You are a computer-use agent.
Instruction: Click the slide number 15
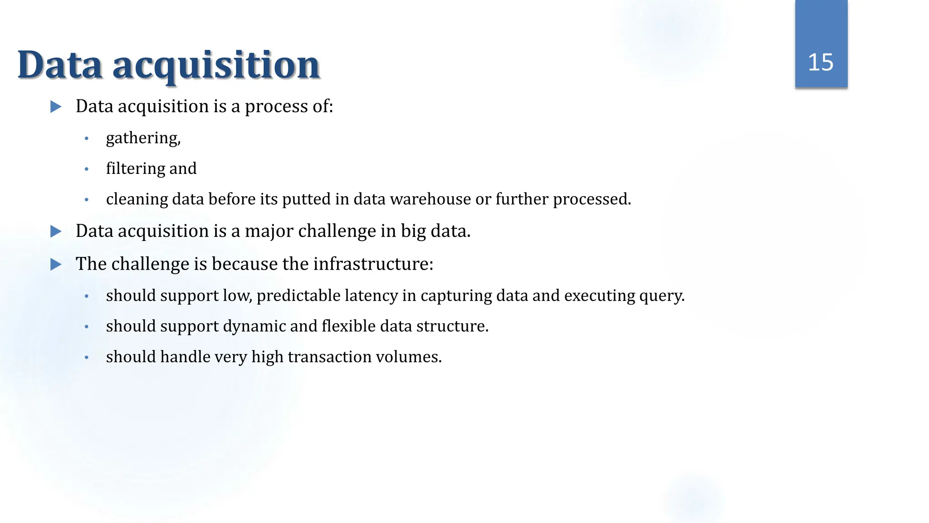(821, 62)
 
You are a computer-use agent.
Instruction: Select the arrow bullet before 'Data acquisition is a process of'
(56, 107)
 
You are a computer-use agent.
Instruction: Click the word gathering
(143, 138)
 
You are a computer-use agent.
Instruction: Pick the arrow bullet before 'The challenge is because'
(56, 264)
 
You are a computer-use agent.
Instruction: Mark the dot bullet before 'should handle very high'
(87, 358)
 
